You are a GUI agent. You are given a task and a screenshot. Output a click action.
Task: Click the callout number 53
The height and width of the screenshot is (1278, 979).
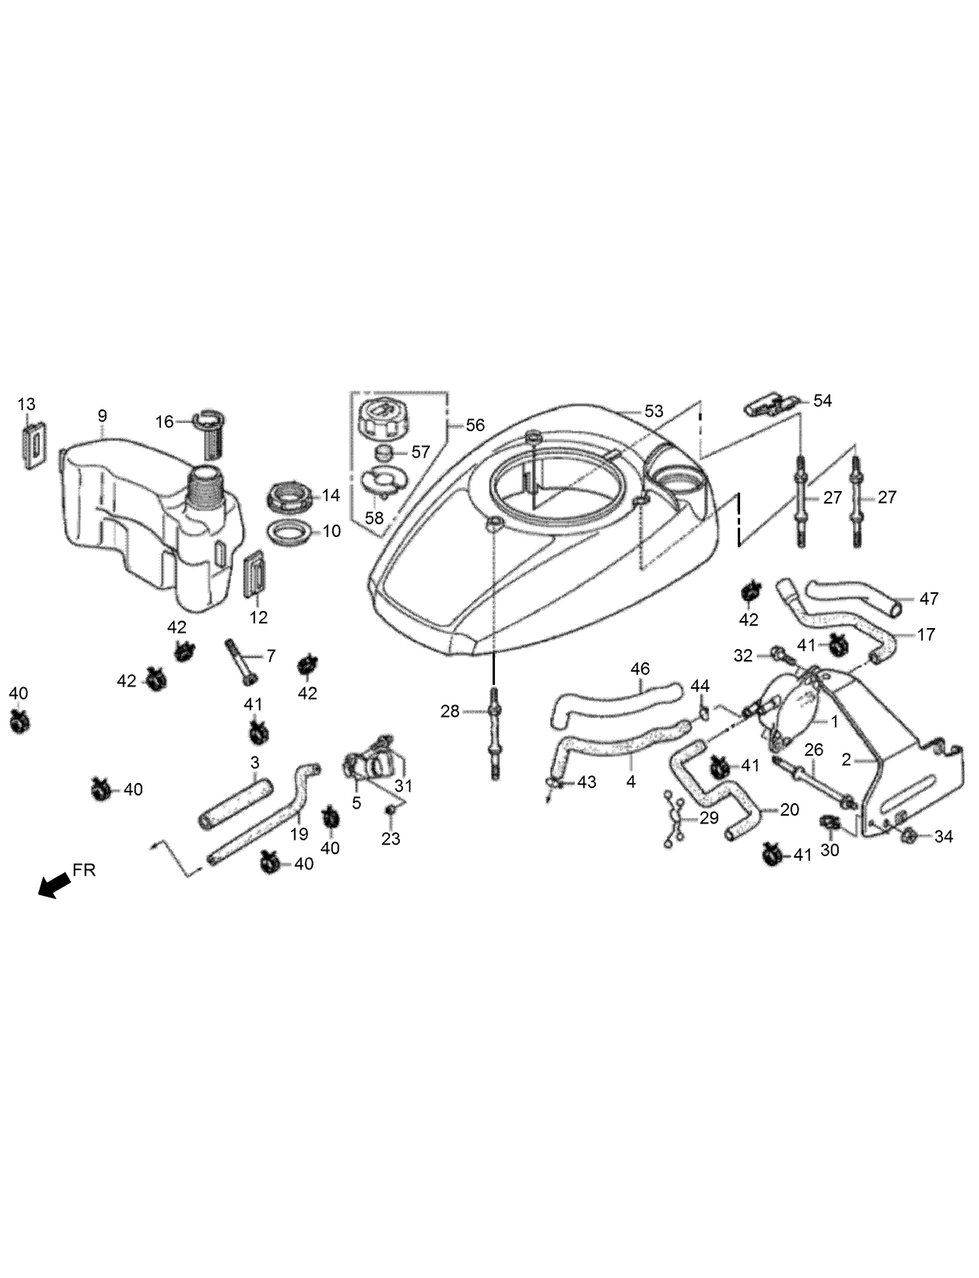(654, 410)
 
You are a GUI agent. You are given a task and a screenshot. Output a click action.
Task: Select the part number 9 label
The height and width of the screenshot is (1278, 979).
(102, 416)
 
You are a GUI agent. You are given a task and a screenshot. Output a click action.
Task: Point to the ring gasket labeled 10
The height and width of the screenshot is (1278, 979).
(286, 532)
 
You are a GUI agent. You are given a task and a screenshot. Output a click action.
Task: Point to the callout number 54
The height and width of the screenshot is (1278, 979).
(823, 401)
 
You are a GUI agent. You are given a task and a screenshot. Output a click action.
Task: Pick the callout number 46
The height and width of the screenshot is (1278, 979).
(640, 669)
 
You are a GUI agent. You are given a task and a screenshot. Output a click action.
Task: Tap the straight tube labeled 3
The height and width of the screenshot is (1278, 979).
(235, 802)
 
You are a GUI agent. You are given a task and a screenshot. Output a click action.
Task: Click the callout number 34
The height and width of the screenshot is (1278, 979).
(943, 837)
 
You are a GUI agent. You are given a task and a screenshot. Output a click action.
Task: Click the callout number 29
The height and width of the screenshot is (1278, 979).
(708, 818)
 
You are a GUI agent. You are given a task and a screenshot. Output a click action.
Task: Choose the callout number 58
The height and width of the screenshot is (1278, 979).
(374, 517)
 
